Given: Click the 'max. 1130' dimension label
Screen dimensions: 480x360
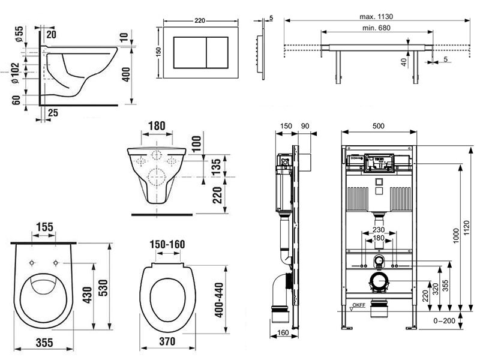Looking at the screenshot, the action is tap(376, 17).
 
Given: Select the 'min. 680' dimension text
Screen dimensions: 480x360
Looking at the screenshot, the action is tap(376, 28).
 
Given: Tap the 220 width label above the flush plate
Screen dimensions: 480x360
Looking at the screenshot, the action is tap(200, 20).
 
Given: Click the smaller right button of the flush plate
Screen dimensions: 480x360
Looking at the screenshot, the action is tap(217, 52).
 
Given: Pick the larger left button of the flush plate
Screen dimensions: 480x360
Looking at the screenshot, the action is tap(190, 52).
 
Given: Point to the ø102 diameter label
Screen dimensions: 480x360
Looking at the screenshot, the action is tap(16, 73).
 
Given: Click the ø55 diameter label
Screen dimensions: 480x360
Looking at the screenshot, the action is tap(19, 34).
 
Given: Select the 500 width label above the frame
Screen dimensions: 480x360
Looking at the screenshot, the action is tap(379, 126).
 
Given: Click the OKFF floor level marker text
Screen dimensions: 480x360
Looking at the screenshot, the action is tap(359, 305).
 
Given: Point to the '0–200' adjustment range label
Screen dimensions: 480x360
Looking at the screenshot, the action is tap(444, 321).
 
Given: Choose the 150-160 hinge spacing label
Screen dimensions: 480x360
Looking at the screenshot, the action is tap(167, 244).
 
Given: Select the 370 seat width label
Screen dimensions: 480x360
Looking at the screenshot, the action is tap(167, 341).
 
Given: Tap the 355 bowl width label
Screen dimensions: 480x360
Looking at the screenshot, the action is tap(44, 343).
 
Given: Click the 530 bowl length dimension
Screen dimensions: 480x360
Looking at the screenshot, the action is tap(103, 288).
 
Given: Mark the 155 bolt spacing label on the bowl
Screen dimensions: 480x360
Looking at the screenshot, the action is tap(44, 227).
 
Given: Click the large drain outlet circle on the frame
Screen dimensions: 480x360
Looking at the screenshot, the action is tap(379, 281).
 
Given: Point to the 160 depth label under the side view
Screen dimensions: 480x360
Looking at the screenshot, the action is tap(283, 332).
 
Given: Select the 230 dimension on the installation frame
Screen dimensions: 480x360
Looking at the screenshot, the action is tap(379, 230).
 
